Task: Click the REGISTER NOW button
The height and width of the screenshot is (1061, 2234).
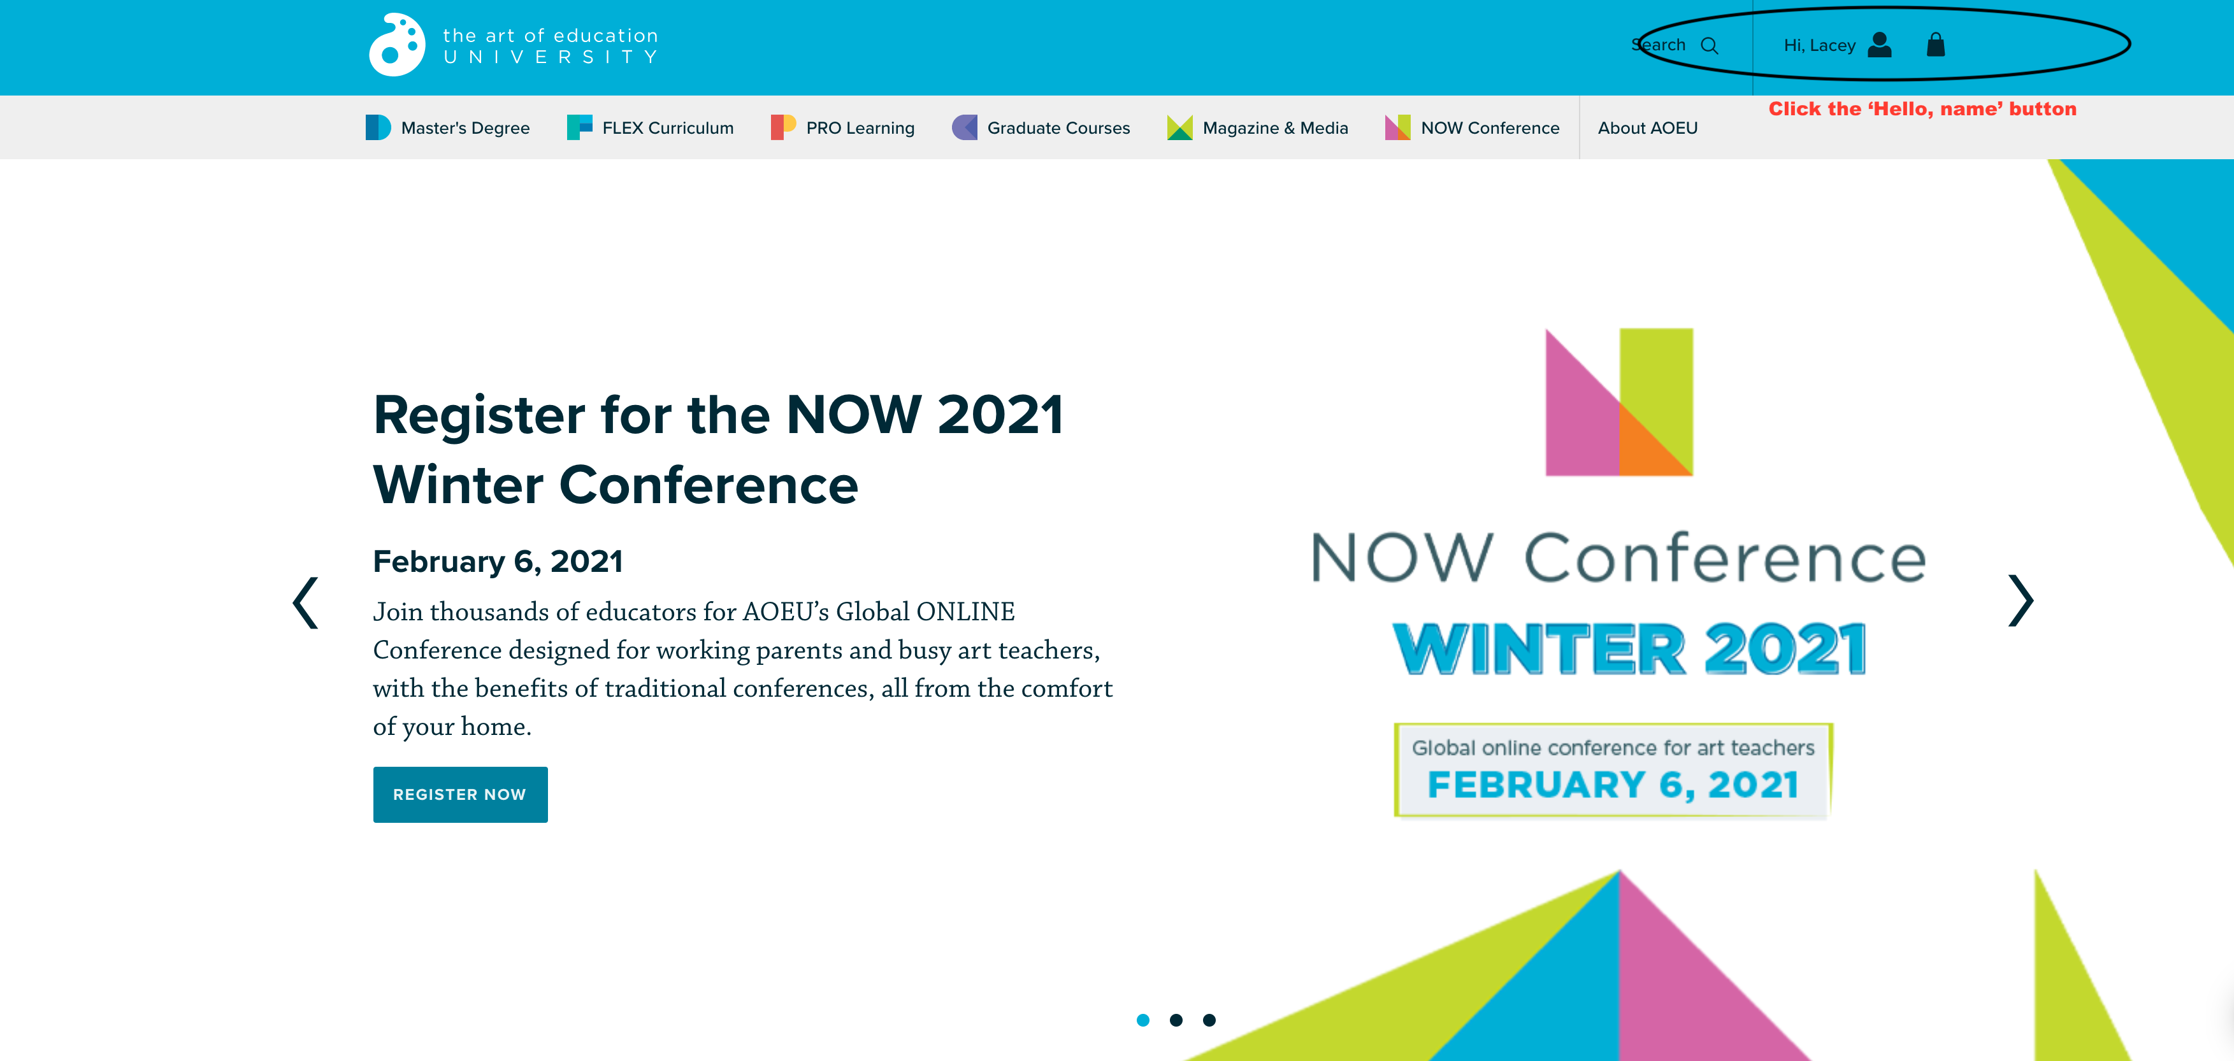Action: click(x=459, y=794)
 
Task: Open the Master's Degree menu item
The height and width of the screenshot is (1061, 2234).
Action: click(x=447, y=127)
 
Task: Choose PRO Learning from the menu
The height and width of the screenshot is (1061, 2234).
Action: click(x=842, y=127)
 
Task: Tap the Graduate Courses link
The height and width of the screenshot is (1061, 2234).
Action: click(x=1041, y=127)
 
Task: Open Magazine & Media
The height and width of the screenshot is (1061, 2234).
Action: click(x=1257, y=127)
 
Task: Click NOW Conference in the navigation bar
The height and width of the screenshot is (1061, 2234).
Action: click(x=1472, y=127)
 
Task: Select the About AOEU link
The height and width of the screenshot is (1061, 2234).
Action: click(x=1648, y=127)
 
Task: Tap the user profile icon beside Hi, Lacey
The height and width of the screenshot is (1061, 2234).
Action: click(x=1879, y=44)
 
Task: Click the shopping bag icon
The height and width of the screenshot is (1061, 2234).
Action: click(x=1936, y=44)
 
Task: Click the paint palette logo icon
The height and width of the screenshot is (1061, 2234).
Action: click(x=397, y=44)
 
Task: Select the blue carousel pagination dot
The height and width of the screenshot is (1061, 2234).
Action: click(x=1143, y=1020)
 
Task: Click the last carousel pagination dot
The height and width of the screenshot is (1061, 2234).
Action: click(x=1209, y=1020)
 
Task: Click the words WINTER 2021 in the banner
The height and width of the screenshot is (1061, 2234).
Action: click(x=1629, y=648)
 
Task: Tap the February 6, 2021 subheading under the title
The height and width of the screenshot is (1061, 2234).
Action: click(x=498, y=562)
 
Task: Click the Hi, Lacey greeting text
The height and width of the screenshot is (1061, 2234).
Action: click(x=1819, y=45)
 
